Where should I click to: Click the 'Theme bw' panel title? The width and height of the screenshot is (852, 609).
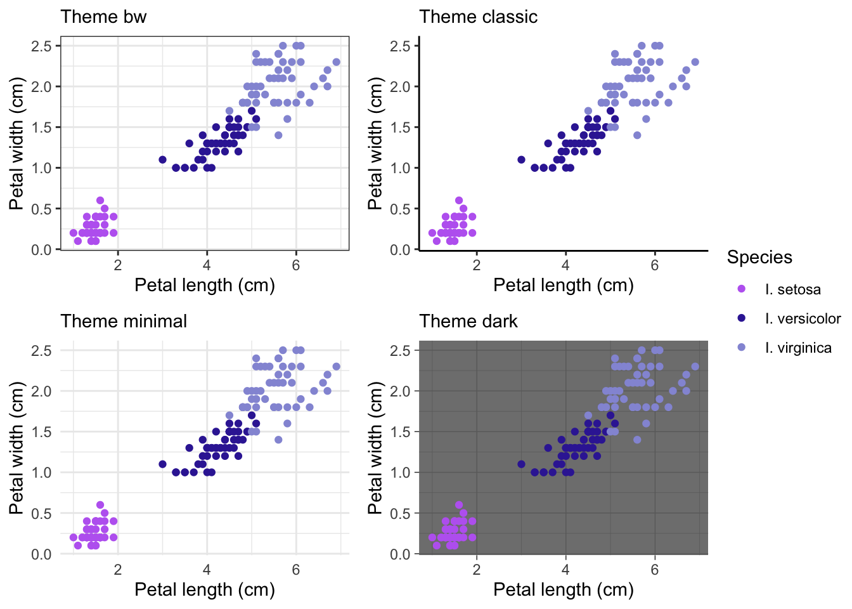(x=103, y=17)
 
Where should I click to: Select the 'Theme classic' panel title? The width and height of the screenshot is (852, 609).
(x=478, y=17)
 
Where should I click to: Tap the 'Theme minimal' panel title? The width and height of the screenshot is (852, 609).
(x=124, y=321)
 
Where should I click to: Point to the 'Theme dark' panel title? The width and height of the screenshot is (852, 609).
(x=468, y=321)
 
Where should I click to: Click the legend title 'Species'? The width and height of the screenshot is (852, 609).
(x=759, y=258)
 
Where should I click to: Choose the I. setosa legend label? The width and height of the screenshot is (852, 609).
(x=793, y=290)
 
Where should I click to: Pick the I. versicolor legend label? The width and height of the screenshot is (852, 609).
(x=803, y=318)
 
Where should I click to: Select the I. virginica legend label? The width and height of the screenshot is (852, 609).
(x=798, y=348)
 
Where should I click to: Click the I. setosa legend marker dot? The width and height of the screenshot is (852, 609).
(x=741, y=289)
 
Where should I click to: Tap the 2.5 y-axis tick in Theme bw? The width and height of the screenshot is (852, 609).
(x=41, y=46)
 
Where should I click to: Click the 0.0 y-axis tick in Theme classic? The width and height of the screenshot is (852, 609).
(x=400, y=250)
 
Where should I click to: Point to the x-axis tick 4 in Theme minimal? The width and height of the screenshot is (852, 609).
(x=207, y=569)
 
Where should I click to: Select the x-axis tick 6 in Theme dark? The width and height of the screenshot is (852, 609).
(x=655, y=569)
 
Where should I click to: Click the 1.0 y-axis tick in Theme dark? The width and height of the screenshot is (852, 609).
(x=400, y=473)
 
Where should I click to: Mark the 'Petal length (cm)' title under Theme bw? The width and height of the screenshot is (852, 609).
(x=205, y=285)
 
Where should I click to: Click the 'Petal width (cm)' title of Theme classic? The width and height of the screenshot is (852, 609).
(x=375, y=143)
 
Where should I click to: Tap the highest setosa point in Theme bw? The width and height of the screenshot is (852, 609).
(x=100, y=200)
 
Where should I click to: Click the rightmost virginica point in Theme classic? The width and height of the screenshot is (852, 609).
(x=695, y=62)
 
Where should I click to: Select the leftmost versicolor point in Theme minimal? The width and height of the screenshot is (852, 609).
(x=162, y=464)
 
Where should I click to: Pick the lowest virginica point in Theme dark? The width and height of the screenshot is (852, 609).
(x=637, y=440)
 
